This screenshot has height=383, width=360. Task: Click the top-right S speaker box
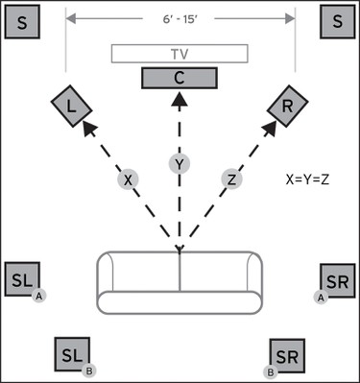pyautogui.click(x=336, y=21)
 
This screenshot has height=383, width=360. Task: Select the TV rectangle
pyautogui.click(x=180, y=54)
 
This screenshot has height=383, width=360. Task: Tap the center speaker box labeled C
pyautogui.click(x=180, y=78)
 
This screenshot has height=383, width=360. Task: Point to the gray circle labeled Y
pyautogui.click(x=180, y=163)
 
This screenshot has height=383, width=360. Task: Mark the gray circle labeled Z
pyautogui.click(x=231, y=179)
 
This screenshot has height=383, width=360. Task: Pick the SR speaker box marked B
pyautogui.click(x=286, y=356)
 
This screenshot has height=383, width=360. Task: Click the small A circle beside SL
pyautogui.click(x=39, y=297)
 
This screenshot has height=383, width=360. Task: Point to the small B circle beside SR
pyautogui.click(x=270, y=371)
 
